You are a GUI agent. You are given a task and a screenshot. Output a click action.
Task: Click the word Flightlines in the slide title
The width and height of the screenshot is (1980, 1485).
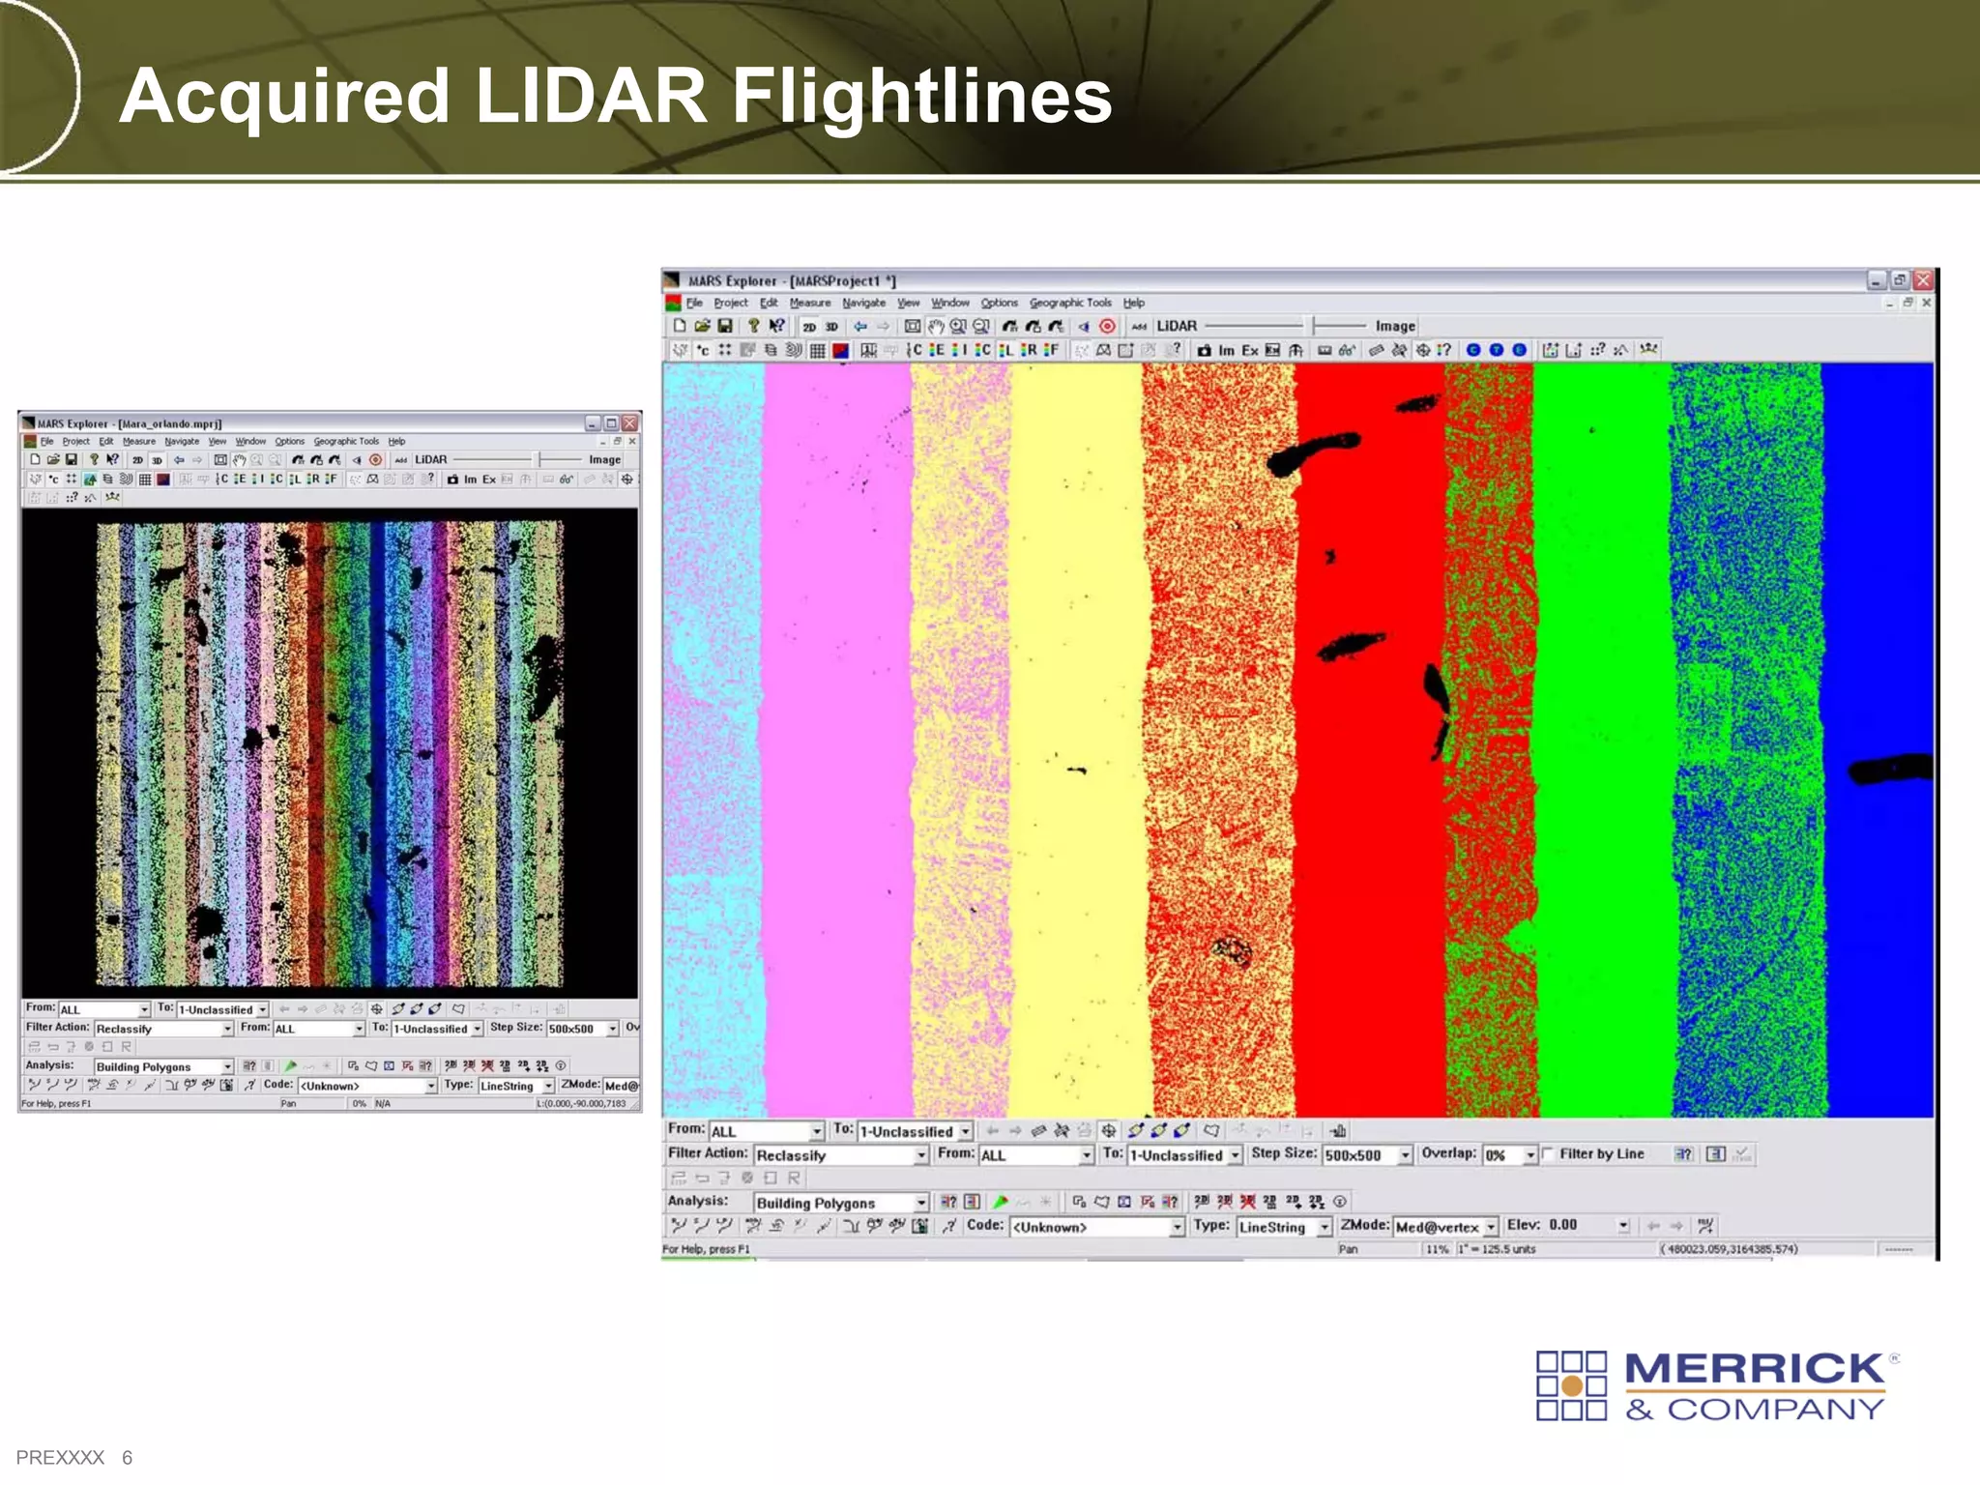point(920,97)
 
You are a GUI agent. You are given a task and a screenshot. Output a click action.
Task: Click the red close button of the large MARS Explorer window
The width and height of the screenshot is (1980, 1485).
point(1923,280)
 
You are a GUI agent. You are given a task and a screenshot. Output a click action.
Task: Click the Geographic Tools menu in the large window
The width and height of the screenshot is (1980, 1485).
point(1069,303)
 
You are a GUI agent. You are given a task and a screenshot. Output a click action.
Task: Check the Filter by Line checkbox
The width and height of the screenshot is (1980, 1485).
point(1549,1153)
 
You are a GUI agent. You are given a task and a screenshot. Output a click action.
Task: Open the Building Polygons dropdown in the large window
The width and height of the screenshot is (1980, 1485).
point(840,1203)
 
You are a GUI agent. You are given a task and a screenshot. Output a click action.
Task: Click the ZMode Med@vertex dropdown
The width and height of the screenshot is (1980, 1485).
point(1445,1227)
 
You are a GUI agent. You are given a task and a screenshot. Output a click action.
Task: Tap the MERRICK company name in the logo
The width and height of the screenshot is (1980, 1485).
point(1755,1369)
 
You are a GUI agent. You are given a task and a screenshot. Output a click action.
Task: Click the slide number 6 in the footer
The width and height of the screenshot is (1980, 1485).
point(127,1457)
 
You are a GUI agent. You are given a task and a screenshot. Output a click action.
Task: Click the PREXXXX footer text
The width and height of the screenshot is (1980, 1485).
point(60,1457)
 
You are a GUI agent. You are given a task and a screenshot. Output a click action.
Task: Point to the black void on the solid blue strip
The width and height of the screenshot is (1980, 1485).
point(1890,770)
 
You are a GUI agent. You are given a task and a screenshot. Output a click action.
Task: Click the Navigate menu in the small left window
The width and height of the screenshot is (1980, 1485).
point(182,441)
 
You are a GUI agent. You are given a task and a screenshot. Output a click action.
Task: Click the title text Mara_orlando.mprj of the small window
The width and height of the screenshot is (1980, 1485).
point(169,423)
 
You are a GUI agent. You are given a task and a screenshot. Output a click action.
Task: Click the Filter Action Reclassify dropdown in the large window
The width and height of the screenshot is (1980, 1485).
point(840,1154)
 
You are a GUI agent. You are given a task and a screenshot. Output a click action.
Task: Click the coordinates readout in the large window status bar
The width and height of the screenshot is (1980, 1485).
point(1729,1249)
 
